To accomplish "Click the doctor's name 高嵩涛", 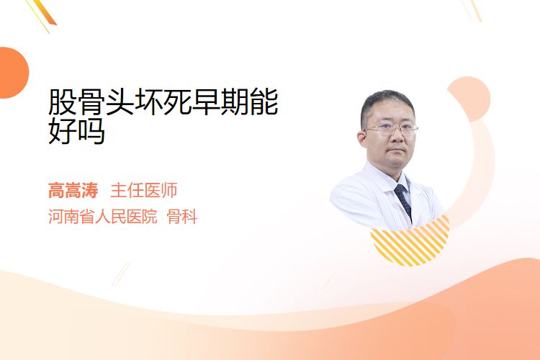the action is pos(73,191).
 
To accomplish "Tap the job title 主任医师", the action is pos(144,191).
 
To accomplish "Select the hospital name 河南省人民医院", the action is pos(103,217).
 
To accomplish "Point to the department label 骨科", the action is pos(182,217).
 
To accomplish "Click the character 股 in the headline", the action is pos(63,102).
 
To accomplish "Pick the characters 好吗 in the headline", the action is pos(76,130).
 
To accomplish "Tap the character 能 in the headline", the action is pos(264,102).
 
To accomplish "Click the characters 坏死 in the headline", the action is pos(163,102).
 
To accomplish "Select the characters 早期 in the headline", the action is pos(221,102).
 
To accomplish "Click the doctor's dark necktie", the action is pos(403,200).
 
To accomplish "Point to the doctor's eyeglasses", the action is pos(391,129).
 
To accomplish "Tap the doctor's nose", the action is pos(397,137).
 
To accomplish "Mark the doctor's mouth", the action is pos(397,150).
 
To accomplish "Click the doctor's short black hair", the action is pos(387,104).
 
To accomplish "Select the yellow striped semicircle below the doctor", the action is pos(410,240).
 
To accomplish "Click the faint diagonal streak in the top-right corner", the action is pos(473,10).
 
